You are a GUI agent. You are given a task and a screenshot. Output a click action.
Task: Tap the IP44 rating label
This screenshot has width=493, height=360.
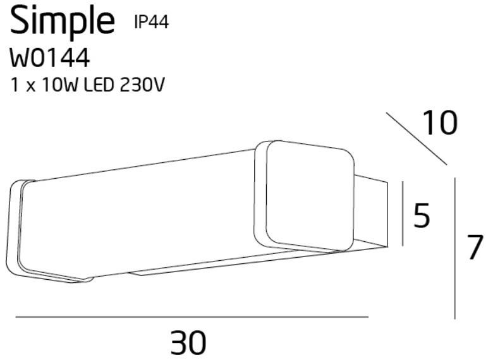[152, 22]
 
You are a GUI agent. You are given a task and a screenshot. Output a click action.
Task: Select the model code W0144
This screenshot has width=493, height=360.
[50, 59]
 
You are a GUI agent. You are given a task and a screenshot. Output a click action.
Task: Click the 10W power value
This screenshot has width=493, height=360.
[59, 85]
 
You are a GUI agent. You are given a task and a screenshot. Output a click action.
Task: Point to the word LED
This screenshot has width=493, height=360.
[99, 85]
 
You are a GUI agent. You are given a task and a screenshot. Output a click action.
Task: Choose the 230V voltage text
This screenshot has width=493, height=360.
[142, 85]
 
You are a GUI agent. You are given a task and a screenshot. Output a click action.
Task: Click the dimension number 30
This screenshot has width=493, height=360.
[188, 342]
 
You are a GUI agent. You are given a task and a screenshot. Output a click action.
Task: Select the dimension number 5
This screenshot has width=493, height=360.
[422, 215]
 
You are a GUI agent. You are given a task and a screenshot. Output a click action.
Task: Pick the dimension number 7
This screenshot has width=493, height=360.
[474, 248]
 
